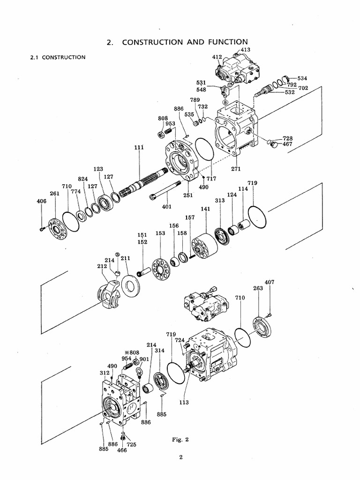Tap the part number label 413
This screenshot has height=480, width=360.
[246, 49]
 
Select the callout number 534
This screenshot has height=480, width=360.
[302, 78]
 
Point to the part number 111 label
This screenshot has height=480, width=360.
[139, 147]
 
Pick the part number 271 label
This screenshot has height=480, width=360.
[236, 169]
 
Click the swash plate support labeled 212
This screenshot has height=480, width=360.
[108, 295]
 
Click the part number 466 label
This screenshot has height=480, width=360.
[122, 450]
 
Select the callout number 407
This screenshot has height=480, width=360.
[270, 282]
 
